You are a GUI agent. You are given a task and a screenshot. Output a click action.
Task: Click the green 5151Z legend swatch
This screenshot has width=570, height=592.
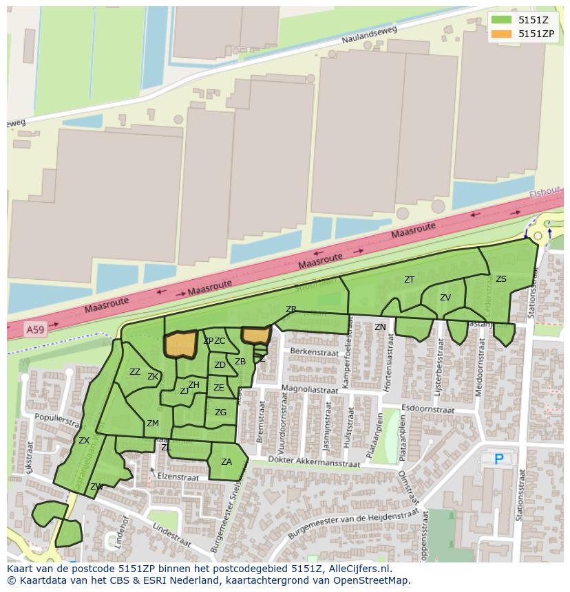click(x=502, y=20)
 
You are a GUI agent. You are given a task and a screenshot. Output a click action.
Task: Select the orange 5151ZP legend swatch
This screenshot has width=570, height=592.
click(x=502, y=34)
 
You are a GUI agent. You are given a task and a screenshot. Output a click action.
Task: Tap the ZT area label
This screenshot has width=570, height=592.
click(x=410, y=280)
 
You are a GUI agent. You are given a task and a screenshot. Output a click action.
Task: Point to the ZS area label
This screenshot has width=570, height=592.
click(x=501, y=279)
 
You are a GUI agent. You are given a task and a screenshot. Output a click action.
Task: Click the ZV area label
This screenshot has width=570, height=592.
click(x=445, y=298)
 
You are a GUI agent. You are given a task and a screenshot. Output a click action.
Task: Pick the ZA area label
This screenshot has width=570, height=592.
click(x=226, y=462)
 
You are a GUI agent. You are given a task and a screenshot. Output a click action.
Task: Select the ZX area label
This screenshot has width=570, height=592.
click(x=84, y=441)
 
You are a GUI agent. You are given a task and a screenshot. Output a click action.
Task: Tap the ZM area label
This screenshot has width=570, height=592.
click(x=153, y=424)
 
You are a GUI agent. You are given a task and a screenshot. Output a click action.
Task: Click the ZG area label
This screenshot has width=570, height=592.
click(x=220, y=413)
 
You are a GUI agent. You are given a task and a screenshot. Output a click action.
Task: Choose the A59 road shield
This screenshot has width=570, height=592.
click(x=34, y=331)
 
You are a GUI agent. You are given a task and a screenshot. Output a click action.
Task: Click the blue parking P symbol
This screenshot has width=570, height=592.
click(x=499, y=459)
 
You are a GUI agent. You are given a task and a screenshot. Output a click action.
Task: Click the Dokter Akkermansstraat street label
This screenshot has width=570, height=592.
click(x=314, y=463)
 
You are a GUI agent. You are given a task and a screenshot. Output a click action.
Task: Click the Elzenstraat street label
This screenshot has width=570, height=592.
click(x=178, y=476)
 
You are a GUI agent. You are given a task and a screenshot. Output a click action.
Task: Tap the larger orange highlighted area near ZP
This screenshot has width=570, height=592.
click(x=181, y=344)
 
